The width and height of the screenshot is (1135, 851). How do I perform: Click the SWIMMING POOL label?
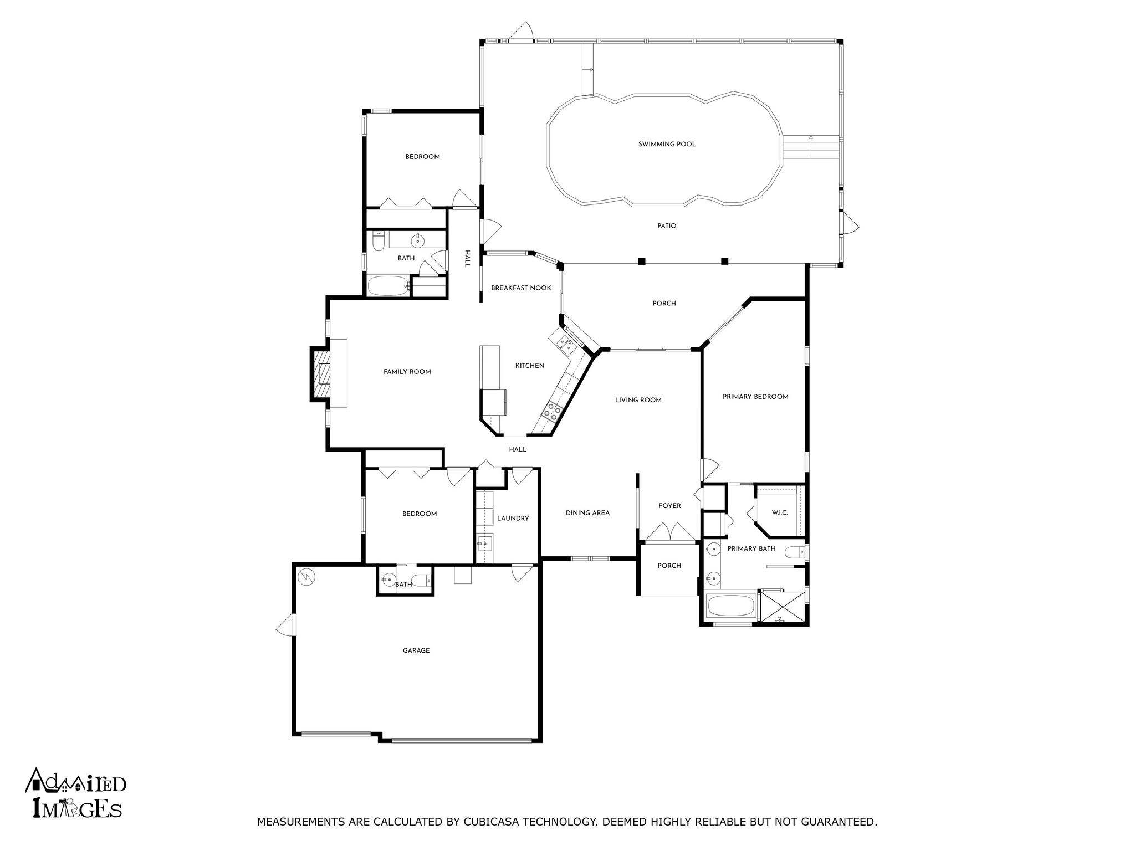coord(667,144)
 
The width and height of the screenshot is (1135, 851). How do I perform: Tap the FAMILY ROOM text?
coord(407,372)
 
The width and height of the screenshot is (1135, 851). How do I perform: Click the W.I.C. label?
coord(779,513)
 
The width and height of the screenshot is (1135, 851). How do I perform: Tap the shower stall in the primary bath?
coord(781,607)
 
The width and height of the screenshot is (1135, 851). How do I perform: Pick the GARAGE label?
coord(416,650)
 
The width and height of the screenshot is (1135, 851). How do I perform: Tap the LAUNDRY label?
coord(513,519)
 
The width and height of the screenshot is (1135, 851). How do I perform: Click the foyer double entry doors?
coord(669,532)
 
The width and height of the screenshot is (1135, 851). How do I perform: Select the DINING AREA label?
coord(587,513)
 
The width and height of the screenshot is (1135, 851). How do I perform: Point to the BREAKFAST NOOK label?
coord(521,288)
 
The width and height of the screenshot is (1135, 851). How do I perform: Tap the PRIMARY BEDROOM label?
coord(755,397)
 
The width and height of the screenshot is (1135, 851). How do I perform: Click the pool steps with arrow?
coord(810,147)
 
